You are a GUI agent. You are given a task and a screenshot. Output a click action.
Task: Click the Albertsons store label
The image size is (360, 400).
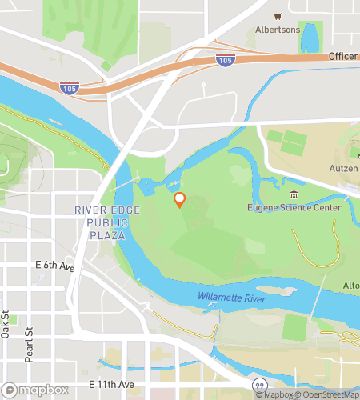[277, 30]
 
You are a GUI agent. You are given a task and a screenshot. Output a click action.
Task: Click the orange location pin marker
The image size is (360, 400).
[180, 199]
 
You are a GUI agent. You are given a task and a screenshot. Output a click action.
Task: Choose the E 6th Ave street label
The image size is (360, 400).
[54, 266]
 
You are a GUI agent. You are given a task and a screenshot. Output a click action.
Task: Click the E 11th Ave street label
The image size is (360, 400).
[111, 385]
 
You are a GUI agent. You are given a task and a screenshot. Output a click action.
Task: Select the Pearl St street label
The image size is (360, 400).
[29, 344]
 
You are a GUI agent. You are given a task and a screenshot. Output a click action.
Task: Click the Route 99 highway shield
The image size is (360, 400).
[259, 385]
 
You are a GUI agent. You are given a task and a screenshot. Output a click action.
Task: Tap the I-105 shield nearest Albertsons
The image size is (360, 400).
[225, 59]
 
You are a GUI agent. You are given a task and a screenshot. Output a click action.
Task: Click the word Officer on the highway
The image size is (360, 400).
[342, 57]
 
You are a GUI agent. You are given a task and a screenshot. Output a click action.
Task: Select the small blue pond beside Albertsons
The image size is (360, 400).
[310, 37]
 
